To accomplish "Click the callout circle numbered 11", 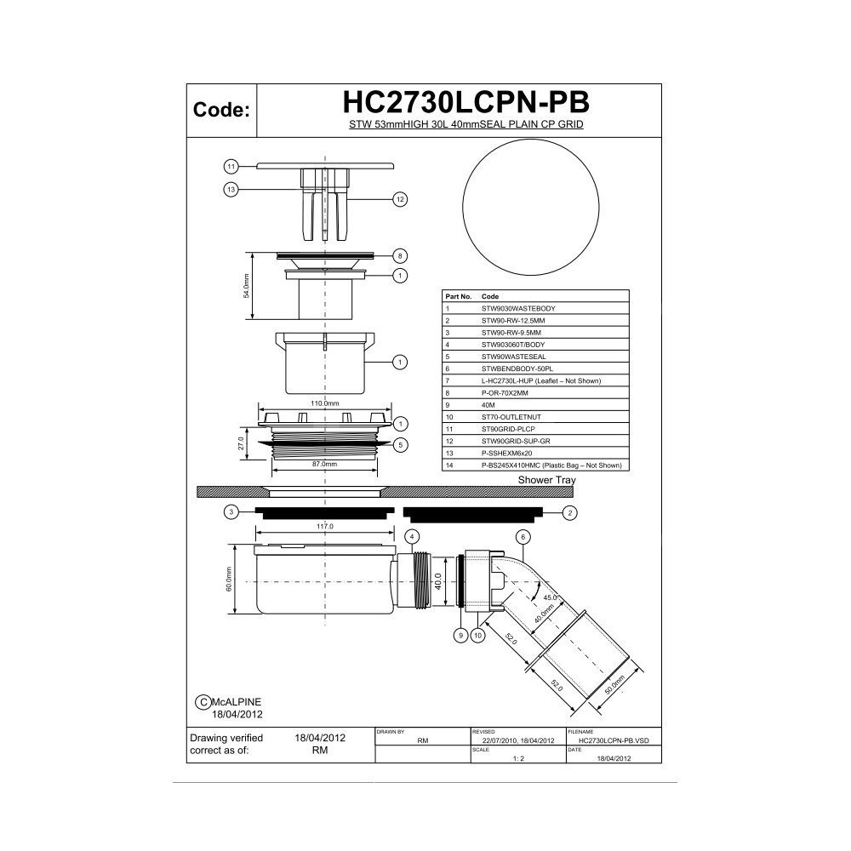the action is pos(231,167).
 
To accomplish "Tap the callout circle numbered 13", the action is pos(231,190).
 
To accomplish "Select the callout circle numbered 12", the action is pos(400,200).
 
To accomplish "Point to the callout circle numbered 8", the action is pos(400,256).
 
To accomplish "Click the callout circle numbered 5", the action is pos(400,445).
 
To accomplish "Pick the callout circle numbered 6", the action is pos(523,537).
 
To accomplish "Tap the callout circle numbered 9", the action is pos(460,636).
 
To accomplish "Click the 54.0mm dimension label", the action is pos(247,285).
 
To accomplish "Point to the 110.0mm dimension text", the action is pos(324,403).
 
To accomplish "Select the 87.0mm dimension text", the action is pos(324,464).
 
